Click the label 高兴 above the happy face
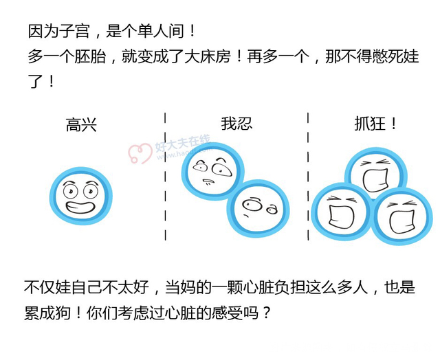click(81, 125)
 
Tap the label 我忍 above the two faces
click(236, 124)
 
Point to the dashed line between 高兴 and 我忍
click(165, 175)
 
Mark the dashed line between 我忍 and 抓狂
click(308, 175)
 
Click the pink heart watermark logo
click(141, 153)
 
